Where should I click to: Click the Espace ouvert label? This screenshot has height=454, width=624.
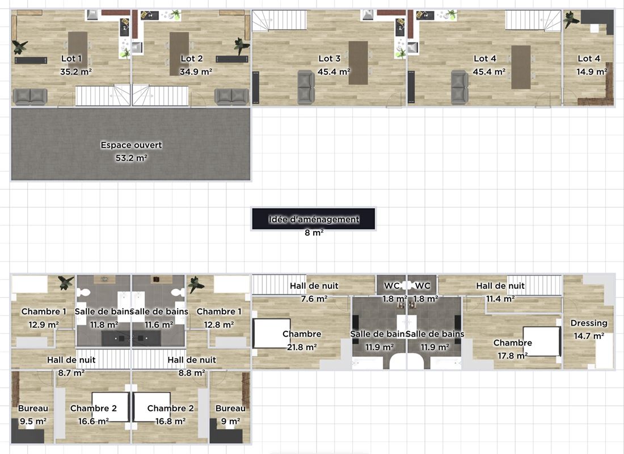(x=132, y=145)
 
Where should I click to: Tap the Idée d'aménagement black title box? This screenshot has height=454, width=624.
(x=314, y=218)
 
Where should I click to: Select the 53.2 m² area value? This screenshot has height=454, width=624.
(x=132, y=158)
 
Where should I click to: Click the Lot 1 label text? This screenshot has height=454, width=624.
(x=71, y=58)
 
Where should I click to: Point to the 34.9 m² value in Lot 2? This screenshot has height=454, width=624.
(x=196, y=72)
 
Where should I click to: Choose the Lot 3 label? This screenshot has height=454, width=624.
(x=330, y=58)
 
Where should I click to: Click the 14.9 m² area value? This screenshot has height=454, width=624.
(x=592, y=72)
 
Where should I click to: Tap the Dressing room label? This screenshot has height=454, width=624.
(x=589, y=323)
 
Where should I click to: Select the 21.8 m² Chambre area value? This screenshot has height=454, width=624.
(x=302, y=347)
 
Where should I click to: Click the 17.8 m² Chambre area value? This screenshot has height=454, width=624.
(x=513, y=356)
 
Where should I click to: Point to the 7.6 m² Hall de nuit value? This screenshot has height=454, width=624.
(x=314, y=299)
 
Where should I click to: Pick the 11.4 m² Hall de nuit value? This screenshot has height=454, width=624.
(x=500, y=299)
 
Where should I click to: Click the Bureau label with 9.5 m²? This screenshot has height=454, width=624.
(x=33, y=408)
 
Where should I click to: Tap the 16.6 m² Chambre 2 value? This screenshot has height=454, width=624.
(x=94, y=421)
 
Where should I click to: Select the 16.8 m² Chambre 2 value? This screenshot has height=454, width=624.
(x=170, y=421)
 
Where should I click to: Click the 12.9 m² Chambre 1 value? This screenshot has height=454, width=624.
(x=44, y=325)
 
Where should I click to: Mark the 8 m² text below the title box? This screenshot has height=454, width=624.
(x=314, y=233)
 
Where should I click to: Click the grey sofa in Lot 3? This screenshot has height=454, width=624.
(x=306, y=87)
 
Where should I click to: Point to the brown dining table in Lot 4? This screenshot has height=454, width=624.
(x=521, y=68)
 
